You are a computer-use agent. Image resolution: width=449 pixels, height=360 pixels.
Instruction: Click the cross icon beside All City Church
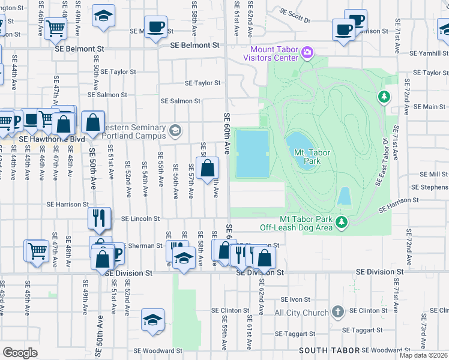click(x=338, y=311)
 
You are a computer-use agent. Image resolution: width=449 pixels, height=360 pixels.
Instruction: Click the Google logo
click(x=20, y=352)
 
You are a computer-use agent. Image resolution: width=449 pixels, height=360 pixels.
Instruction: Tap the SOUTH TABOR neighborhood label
click(x=329, y=350)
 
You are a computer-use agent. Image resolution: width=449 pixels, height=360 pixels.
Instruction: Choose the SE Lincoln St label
click(x=140, y=219)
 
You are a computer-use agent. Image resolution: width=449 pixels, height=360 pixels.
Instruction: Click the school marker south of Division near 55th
click(x=152, y=320)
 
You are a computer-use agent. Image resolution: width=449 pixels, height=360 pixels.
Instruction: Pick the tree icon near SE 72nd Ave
click(x=383, y=97)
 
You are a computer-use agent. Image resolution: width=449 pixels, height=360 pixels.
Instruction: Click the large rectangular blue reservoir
click(x=252, y=154)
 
